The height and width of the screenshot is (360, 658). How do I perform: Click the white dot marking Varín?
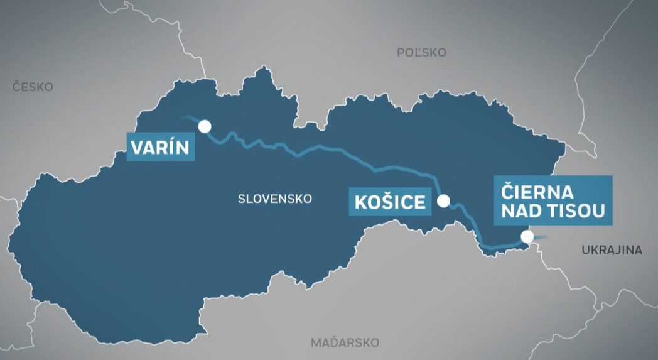(x=205, y=126)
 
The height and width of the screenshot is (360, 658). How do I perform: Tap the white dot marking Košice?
(x=443, y=201)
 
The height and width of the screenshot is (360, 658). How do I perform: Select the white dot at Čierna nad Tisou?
(x=527, y=237)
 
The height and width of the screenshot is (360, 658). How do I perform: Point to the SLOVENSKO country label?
(x=275, y=199)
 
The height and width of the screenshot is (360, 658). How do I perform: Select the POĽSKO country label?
(x=421, y=53)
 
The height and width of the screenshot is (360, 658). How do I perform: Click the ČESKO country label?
(x=33, y=87)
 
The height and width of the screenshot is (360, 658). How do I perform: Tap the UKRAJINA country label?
(x=612, y=250)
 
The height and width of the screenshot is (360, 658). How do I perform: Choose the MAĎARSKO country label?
(x=345, y=343)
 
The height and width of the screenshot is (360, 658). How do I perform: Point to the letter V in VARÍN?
(x=136, y=148)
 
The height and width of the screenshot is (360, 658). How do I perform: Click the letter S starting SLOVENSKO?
(x=242, y=199)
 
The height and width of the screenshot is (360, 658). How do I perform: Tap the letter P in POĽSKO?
(x=401, y=53)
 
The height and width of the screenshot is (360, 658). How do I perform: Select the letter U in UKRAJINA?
(x=585, y=250)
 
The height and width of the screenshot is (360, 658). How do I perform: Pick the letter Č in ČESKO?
(x=16, y=87)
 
